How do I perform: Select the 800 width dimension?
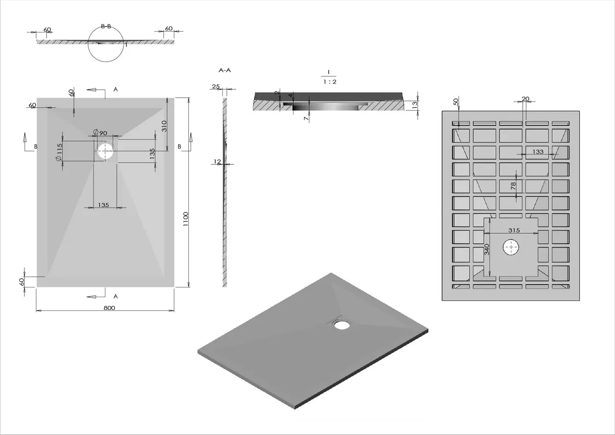pos(109,308)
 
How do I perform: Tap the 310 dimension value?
pos(164,126)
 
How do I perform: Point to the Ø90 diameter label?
pos(100,133)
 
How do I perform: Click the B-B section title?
pos(106,26)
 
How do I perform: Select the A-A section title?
pos(225,70)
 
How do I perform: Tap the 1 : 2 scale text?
pos(329,82)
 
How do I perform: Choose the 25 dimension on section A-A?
pos(216,87)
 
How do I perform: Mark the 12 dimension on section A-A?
pos(217,162)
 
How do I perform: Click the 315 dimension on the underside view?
pos(514,230)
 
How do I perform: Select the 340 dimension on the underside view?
pos(487,249)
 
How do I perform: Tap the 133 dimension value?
pos(538,152)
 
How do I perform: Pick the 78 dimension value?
pos(513,185)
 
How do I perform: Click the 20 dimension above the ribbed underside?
pos(525,99)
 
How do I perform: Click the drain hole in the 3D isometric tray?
pos(342,325)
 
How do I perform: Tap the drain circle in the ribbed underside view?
pos(511,248)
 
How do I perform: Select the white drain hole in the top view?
pos(105,151)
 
